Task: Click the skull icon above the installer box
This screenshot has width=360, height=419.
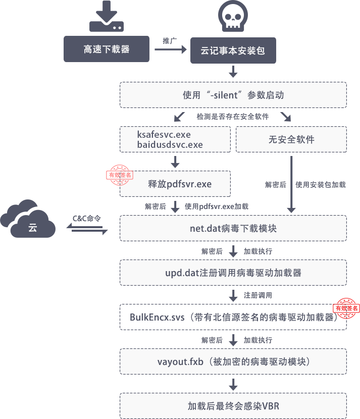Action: pos(233,17)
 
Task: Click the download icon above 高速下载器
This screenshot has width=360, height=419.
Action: pos(107,17)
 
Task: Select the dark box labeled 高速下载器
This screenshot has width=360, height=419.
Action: pos(107,49)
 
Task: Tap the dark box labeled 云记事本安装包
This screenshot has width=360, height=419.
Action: pos(233,50)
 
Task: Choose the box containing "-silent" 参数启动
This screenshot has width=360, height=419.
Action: pos(233,95)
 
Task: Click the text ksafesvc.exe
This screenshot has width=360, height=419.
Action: pos(164,135)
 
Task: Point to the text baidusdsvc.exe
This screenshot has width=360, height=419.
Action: pos(170,145)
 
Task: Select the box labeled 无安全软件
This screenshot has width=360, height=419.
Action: pos(291,139)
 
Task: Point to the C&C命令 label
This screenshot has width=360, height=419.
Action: pos(87,218)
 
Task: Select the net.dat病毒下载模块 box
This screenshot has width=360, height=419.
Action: pos(233,229)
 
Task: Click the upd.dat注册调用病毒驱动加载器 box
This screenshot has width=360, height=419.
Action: pos(233,273)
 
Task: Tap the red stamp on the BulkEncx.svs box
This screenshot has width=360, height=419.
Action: pos(346,307)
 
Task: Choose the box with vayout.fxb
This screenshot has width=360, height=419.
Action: pos(233,361)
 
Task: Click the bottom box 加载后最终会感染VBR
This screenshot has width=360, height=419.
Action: pos(233,405)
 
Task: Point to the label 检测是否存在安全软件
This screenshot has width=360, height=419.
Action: pos(233,116)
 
